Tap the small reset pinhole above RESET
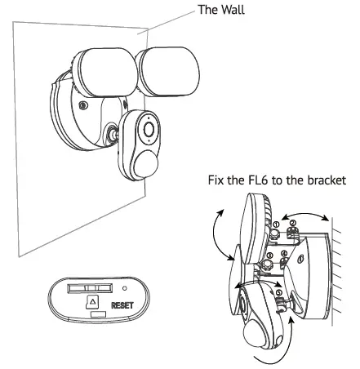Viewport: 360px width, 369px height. point(124,287)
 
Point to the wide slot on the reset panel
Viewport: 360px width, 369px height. point(90,287)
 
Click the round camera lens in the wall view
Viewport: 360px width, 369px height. point(149,129)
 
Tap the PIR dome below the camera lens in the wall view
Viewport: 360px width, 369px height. point(146,161)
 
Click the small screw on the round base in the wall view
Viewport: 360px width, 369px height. point(81,104)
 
